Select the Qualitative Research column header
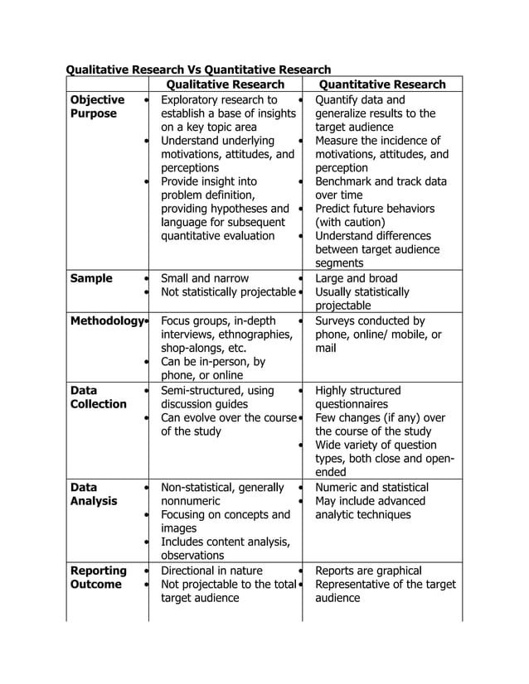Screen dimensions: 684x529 coord(226,84)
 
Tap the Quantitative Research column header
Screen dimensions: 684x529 coord(382,84)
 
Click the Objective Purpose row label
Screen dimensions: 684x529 coord(98,107)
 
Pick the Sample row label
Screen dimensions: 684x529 coord(91,278)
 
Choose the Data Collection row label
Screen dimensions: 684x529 coord(98,397)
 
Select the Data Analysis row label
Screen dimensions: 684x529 coord(94,494)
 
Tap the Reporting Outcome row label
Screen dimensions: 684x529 coord(98,577)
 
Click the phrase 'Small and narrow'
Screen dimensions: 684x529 coord(204,278)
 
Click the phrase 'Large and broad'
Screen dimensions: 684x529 coord(357,278)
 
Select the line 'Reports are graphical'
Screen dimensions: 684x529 coord(369,571)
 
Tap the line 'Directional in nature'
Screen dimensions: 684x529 coord(211,571)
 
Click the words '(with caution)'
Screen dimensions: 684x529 coord(350,222)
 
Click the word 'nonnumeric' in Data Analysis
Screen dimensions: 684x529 coord(191,501)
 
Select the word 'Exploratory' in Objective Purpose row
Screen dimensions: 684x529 coord(193,100)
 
